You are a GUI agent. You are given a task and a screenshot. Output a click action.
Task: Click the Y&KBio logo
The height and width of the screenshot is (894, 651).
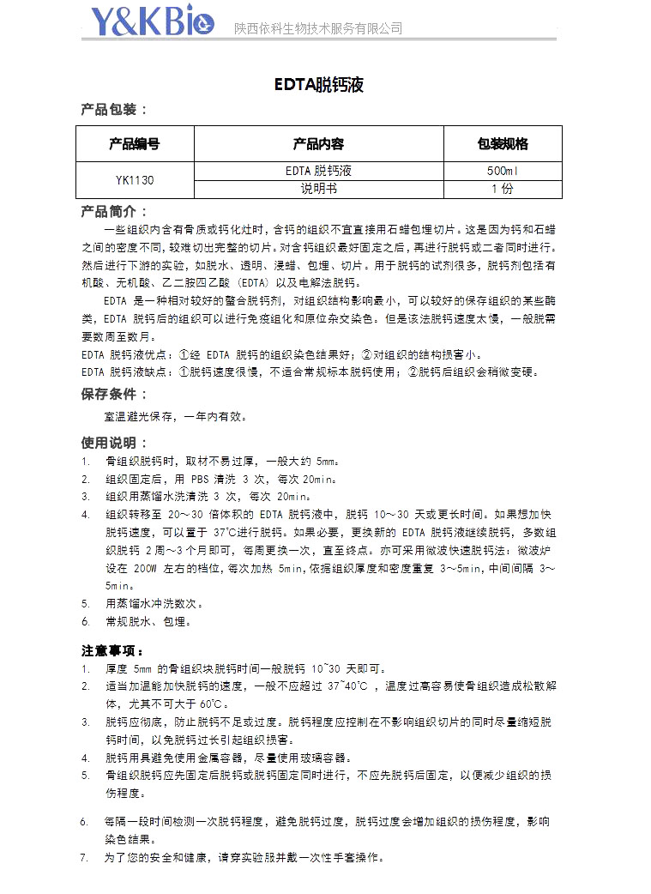point(154,22)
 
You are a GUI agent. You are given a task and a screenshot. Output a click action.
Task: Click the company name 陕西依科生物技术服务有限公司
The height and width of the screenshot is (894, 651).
point(318,28)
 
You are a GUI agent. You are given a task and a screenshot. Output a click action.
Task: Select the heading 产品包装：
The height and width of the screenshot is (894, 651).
point(114,109)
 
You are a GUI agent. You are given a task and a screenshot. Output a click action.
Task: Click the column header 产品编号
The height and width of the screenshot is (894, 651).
point(135,143)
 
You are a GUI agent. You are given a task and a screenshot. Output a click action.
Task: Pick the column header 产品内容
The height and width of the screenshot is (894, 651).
point(319,143)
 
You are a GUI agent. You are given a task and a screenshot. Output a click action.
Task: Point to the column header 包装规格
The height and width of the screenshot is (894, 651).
point(503,143)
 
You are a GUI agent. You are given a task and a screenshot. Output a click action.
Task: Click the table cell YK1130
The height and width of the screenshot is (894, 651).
point(135,180)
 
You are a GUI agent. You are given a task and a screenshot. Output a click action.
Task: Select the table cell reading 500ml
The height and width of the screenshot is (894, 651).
point(503,171)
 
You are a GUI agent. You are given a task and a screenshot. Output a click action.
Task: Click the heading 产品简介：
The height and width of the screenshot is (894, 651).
point(114,211)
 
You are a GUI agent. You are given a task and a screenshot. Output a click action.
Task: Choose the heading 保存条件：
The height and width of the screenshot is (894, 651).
point(114,394)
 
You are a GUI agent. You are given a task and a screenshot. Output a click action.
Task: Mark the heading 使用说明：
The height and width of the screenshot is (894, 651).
point(114,443)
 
